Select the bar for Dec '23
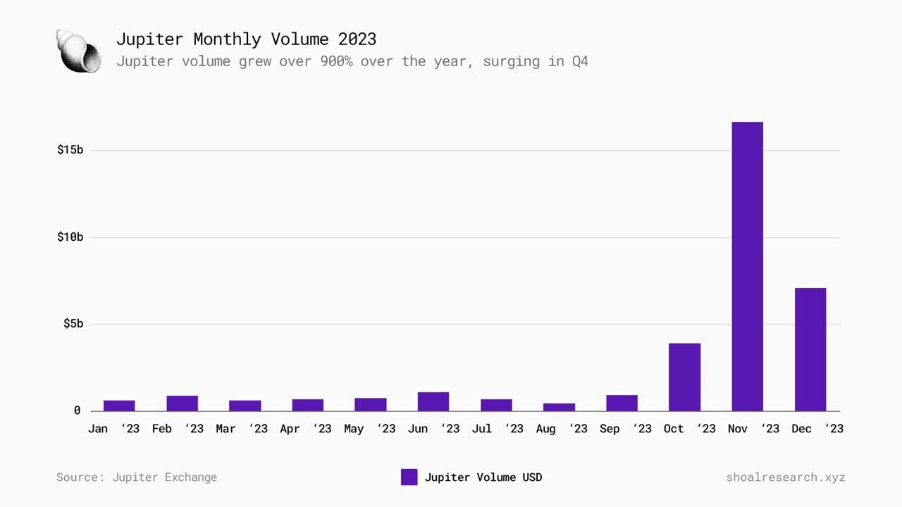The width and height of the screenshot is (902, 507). point(810,349)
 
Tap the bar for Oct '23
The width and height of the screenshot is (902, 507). point(684,377)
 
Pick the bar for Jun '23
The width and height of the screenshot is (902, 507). point(433,401)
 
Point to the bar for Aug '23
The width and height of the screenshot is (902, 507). point(559,407)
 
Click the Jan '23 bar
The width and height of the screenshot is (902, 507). point(119,406)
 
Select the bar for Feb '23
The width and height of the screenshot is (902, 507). point(182,403)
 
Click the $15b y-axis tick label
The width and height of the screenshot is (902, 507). point(70,150)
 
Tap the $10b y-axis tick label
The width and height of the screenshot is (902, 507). point(70,237)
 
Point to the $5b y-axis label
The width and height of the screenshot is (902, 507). point(73,324)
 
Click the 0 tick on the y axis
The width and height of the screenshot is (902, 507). point(77,411)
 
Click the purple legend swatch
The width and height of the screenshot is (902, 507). point(409,477)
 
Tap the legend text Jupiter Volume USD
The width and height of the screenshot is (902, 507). point(483,477)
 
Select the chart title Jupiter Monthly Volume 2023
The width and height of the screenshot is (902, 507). point(246,39)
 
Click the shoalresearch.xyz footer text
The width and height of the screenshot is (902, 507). point(785,477)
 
